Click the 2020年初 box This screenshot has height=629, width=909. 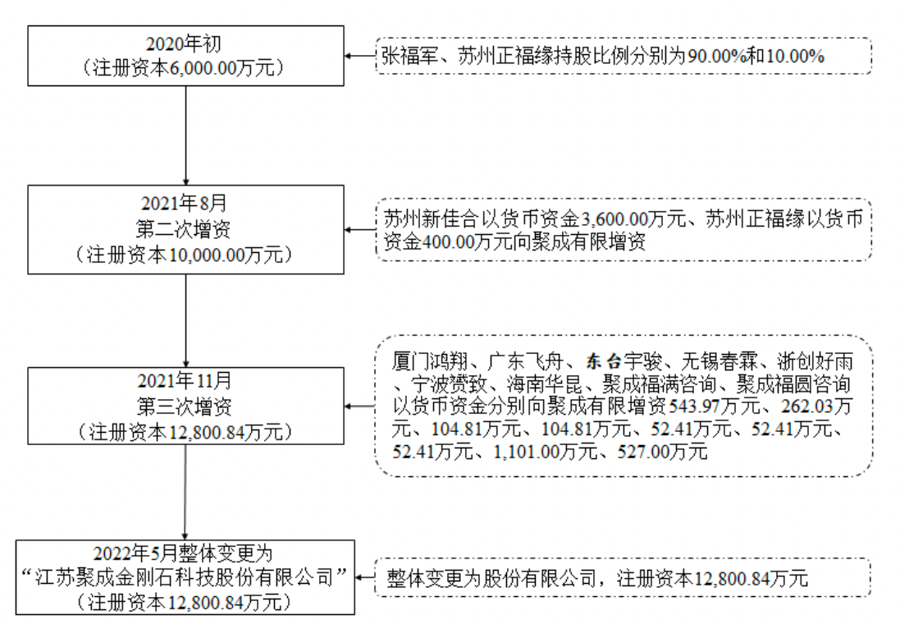click(x=186, y=55)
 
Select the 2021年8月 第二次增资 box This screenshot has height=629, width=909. click(x=186, y=229)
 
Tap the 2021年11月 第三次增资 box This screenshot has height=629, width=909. click(x=186, y=406)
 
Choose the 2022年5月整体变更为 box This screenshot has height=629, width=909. click(x=186, y=577)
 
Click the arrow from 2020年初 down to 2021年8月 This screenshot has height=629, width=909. click(x=186, y=135)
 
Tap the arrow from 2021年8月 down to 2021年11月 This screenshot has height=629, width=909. click(x=186, y=320)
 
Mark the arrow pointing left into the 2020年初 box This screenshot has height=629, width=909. click(x=358, y=56)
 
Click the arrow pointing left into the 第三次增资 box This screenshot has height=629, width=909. click(x=358, y=406)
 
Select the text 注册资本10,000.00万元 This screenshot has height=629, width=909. click(x=186, y=255)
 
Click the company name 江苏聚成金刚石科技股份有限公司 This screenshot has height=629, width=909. click(x=186, y=577)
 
